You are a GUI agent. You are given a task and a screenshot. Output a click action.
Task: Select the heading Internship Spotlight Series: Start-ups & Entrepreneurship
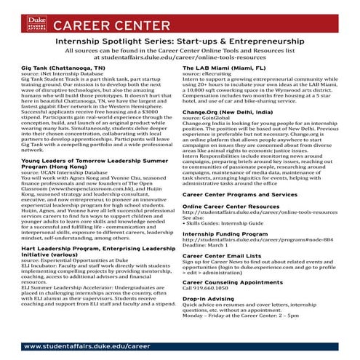[179, 43]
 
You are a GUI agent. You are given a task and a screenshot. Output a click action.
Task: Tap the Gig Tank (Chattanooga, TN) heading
[55, 67]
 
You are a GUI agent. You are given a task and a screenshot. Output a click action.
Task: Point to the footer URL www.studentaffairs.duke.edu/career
[81, 347]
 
